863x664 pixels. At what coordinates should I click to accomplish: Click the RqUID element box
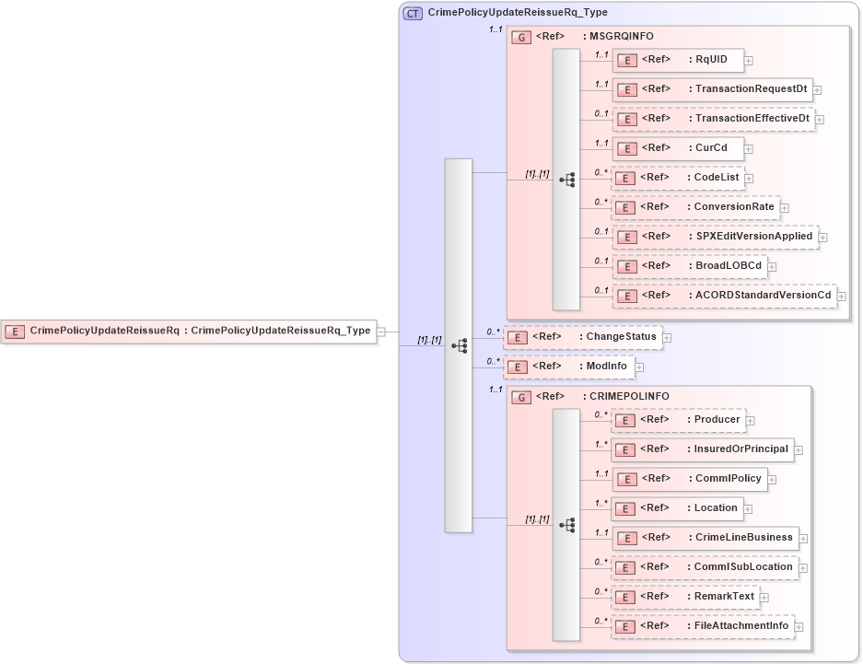tap(678, 60)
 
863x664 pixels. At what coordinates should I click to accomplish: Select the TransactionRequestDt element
tap(712, 89)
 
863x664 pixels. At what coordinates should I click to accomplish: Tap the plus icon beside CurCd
tap(749, 148)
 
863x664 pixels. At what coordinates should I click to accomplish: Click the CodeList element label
tap(716, 177)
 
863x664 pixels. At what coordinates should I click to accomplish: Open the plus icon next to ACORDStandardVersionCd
tap(841, 297)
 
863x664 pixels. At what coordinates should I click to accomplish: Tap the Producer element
tap(678, 420)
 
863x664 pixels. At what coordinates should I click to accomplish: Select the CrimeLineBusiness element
tap(705, 538)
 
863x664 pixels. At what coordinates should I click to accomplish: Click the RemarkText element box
tap(685, 597)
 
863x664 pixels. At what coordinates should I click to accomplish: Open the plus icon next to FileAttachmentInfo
tap(799, 627)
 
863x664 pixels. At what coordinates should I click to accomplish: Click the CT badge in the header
tap(414, 13)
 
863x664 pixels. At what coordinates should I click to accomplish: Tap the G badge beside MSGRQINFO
tap(521, 37)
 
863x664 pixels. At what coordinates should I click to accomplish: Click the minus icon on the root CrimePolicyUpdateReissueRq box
tap(381, 331)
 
